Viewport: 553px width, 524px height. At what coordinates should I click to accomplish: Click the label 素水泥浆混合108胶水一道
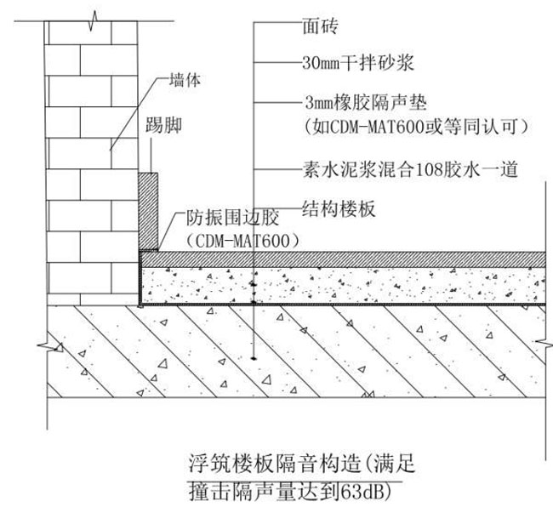[411, 168]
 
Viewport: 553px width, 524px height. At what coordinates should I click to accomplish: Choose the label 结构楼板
[333, 206]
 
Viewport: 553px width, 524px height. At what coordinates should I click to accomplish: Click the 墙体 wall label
[181, 83]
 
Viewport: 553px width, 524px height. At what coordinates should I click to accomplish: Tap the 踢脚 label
[163, 128]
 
